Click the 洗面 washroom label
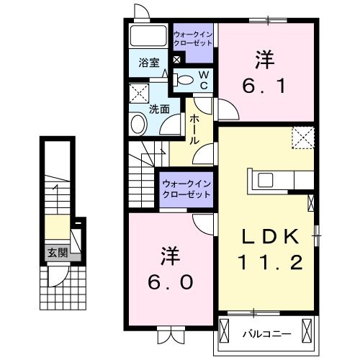(159, 109)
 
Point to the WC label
(204, 80)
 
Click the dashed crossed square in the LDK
(303, 137)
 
